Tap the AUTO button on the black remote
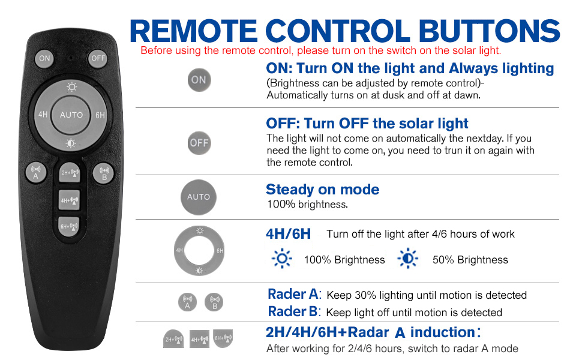[x=71, y=115]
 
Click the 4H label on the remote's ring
[x=43, y=115]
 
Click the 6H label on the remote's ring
[x=100, y=115]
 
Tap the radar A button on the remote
[x=36, y=173]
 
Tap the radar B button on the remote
[x=104, y=173]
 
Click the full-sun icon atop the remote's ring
[x=71, y=87]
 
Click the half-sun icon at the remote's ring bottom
[x=71, y=143]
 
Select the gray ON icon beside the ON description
[x=199, y=80]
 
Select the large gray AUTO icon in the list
[x=199, y=197]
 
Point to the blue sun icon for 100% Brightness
[x=282, y=259]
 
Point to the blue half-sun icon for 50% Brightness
[x=407, y=259]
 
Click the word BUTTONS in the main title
[x=489, y=31]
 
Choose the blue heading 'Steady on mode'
[x=323, y=189]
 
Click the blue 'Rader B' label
[x=293, y=311]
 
